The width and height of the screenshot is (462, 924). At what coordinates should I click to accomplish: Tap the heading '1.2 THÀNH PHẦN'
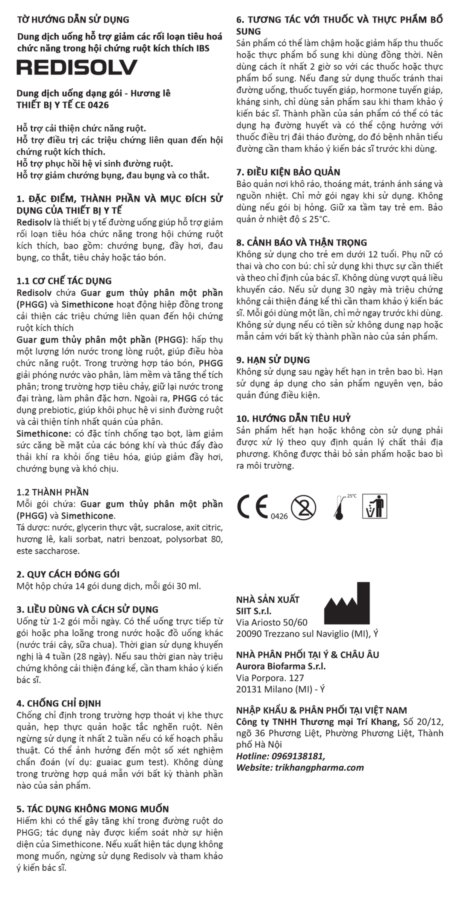[52, 492]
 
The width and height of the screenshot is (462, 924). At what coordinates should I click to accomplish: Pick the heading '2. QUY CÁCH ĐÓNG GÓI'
[68, 574]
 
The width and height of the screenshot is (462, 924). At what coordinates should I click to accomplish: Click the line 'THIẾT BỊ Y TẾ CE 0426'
[62, 105]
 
